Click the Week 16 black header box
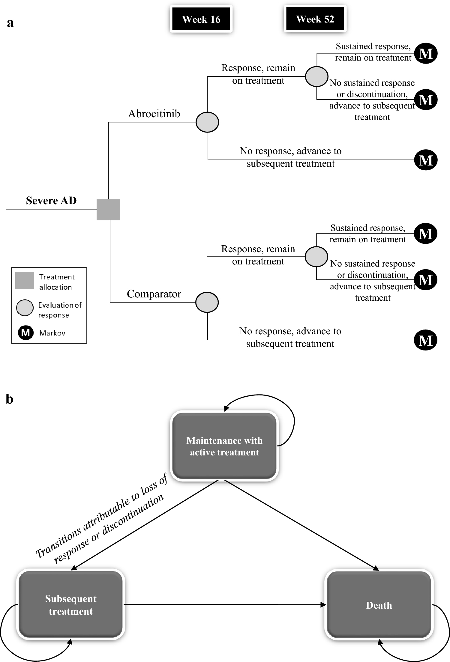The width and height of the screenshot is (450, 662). [201, 19]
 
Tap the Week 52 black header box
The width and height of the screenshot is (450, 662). [315, 19]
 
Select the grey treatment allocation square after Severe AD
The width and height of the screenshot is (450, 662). [108, 210]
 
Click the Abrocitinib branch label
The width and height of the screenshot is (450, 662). [154, 114]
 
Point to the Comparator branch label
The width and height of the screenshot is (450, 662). [154, 294]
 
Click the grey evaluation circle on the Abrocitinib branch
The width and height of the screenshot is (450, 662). [207, 122]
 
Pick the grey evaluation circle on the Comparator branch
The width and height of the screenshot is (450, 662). [207, 302]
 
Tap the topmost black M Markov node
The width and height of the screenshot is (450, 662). [426, 54]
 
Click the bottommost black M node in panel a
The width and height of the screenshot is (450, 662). [425, 340]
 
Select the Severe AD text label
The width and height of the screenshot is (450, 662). [51, 200]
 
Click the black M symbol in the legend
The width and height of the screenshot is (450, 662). [25, 333]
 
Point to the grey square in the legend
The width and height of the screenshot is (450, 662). [25, 281]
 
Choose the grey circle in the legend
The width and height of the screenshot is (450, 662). [25, 308]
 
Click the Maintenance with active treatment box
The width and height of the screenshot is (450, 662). [224, 446]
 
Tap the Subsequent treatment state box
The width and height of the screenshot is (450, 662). [71, 604]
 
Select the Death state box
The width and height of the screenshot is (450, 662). [379, 605]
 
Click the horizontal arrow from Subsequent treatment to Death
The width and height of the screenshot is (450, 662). [225, 604]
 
